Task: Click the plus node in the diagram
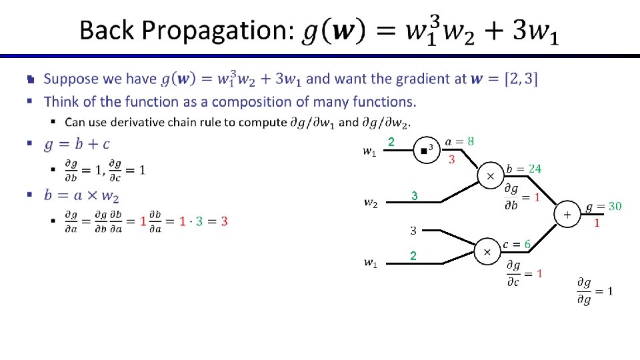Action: pyautogui.click(x=567, y=215)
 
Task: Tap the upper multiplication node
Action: pyautogui.click(x=491, y=176)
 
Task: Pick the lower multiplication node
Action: pyautogui.click(x=487, y=252)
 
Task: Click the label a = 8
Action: pyautogui.click(x=461, y=141)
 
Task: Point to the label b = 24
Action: pyautogui.click(x=524, y=169)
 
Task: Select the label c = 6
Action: pyautogui.click(x=518, y=245)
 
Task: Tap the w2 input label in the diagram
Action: pyautogui.click(x=371, y=203)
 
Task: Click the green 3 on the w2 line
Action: pyautogui.click(x=414, y=197)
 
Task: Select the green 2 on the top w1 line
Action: pyautogui.click(x=392, y=142)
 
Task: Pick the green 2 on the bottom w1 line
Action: pyautogui.click(x=413, y=256)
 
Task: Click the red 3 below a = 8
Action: pyautogui.click(x=452, y=159)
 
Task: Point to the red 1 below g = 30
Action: pyautogui.click(x=597, y=223)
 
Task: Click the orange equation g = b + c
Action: pyautogui.click(x=77, y=144)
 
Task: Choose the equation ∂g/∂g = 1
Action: pyautogui.click(x=595, y=291)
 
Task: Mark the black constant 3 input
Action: pyautogui.click(x=413, y=231)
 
